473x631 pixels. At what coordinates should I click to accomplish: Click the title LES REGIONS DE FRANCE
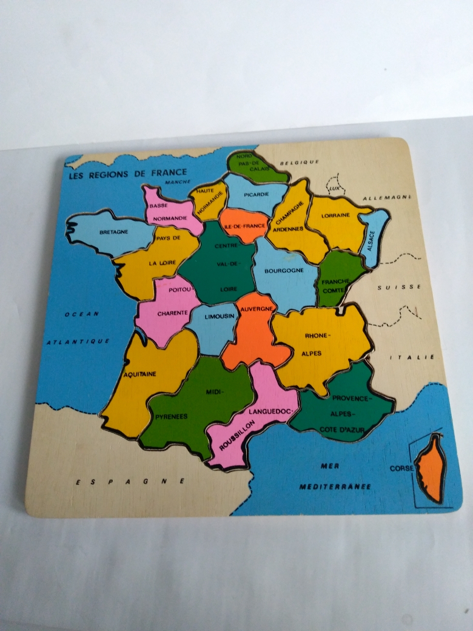tap(127, 173)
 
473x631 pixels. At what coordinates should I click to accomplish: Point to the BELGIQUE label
tap(299, 162)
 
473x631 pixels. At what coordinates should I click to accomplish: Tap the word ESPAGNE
tap(130, 481)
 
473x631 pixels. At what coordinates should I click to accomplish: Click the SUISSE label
tap(398, 287)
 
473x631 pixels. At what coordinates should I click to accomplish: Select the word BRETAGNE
tap(113, 232)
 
